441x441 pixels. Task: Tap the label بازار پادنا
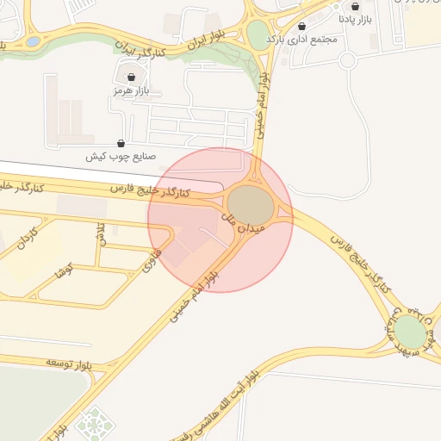(356, 18)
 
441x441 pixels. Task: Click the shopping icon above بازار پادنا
(356, 6)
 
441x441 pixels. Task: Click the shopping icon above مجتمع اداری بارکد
(301, 27)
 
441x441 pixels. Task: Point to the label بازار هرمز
(131, 90)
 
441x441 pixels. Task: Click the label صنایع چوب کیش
(120, 157)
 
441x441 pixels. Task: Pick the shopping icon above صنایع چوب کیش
(121, 144)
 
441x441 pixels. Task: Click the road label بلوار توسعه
(46, 361)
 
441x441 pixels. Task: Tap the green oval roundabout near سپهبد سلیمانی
(411, 332)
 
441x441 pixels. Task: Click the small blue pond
(33, 40)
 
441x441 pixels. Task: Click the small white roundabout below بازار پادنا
(347, 59)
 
